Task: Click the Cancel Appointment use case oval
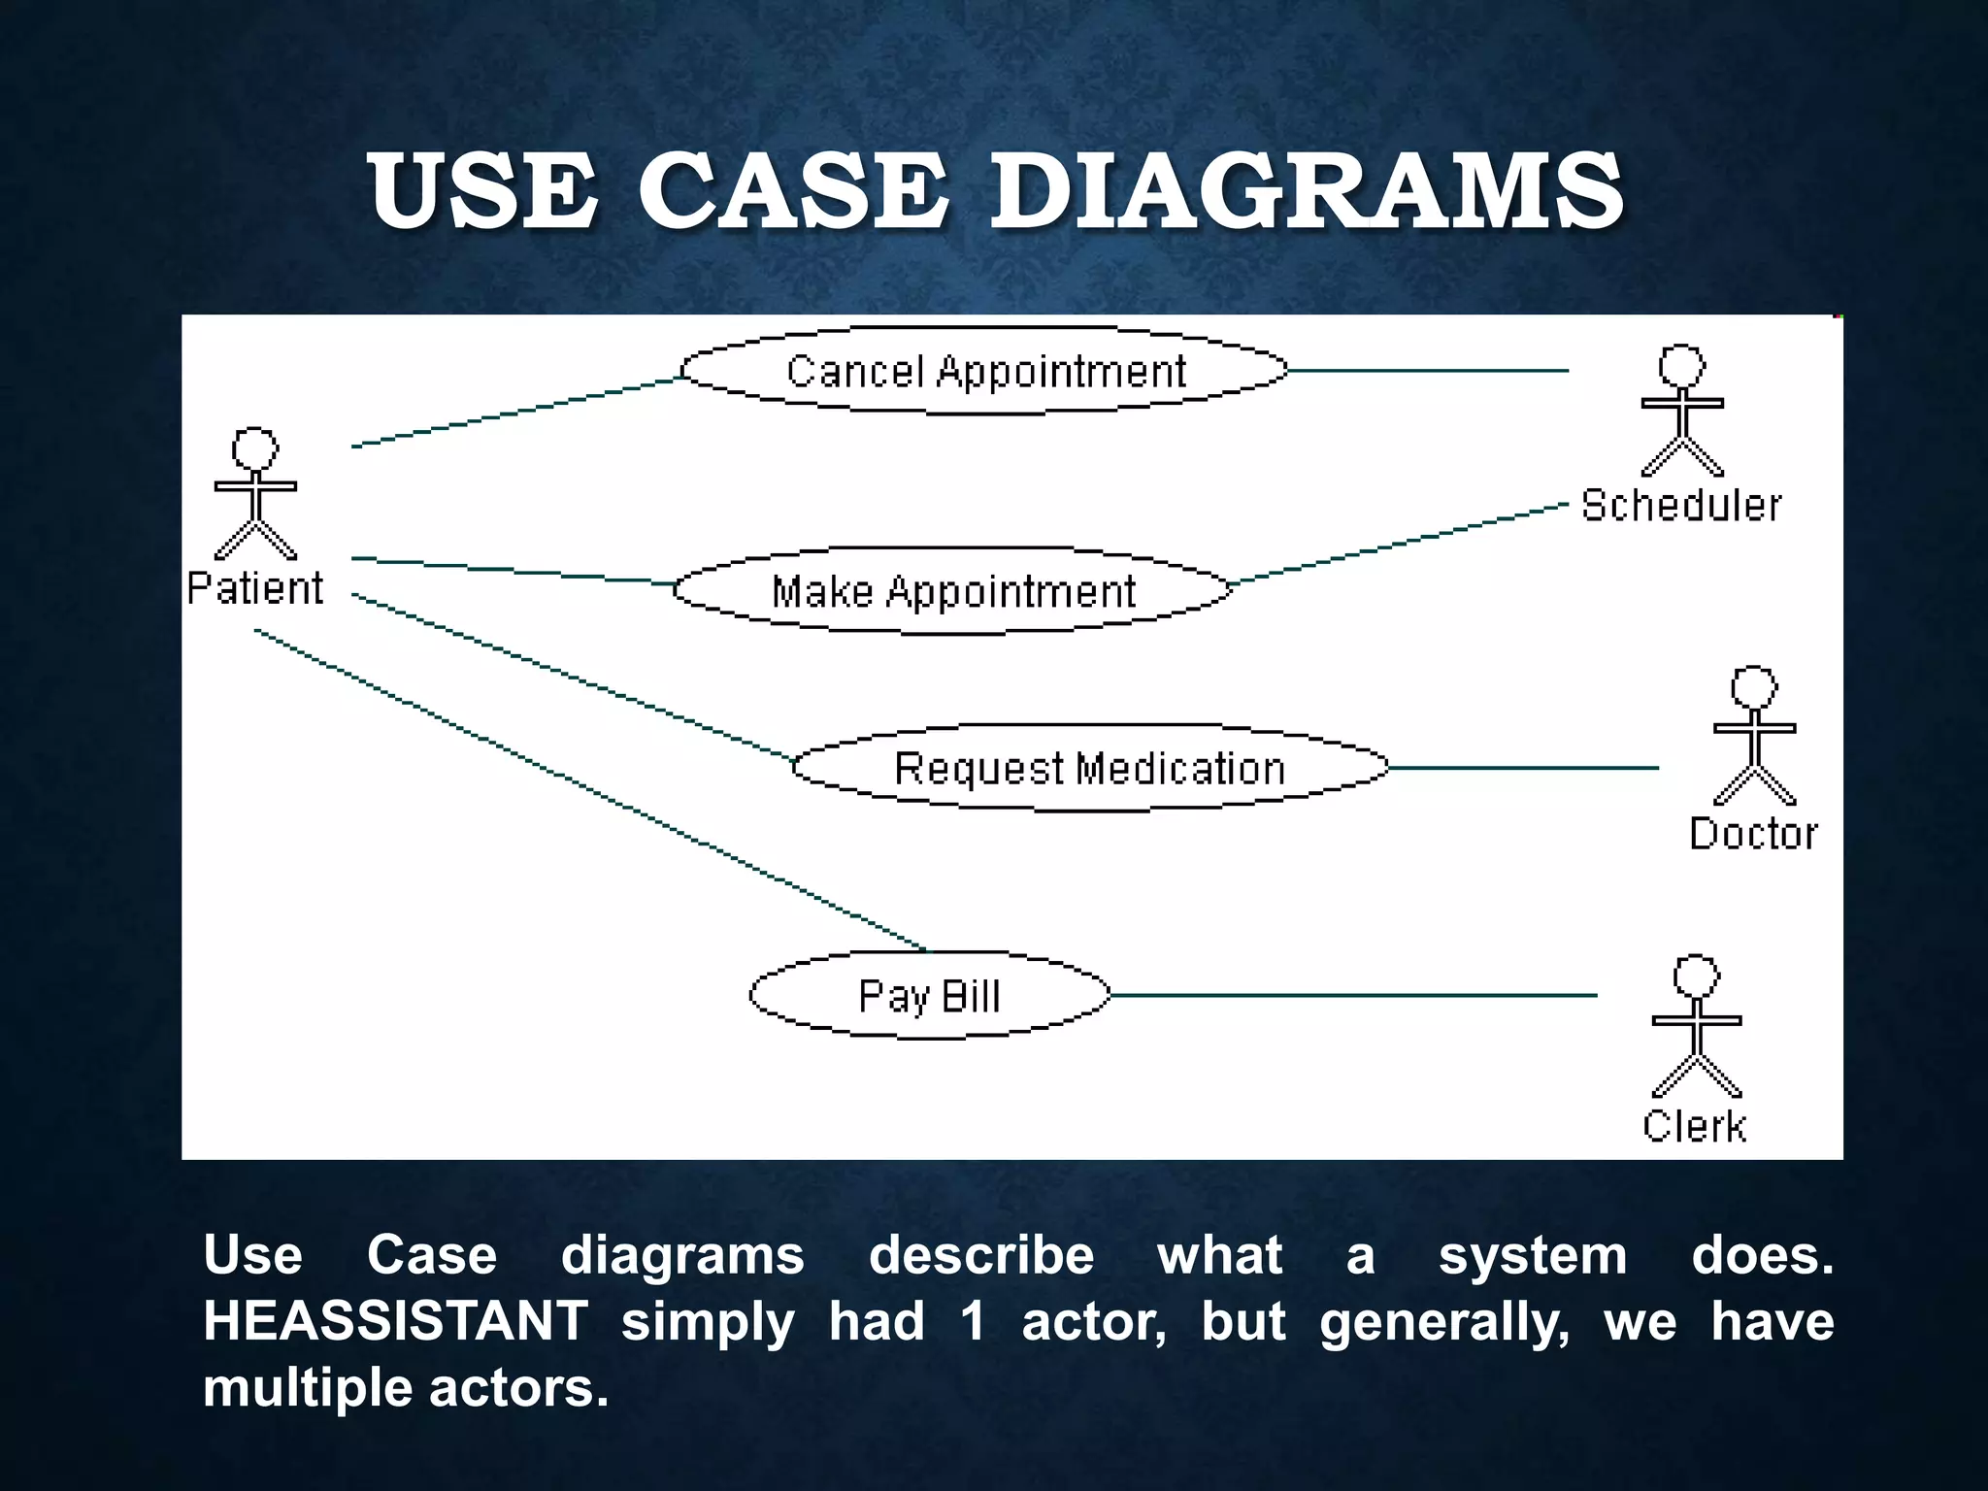tap(984, 371)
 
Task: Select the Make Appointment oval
tap(952, 591)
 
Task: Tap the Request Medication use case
tap(1089, 768)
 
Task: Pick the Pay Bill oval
tap(929, 996)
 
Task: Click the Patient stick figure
tap(255, 495)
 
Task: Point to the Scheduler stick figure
tap(1681, 412)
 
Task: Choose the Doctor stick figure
tap(1754, 737)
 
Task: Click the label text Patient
tap(255, 588)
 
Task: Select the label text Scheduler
tap(1681, 506)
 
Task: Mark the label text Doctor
tap(1753, 834)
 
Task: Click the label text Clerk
tap(1695, 1127)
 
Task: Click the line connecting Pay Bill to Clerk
tap(1354, 995)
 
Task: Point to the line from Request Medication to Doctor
tap(1524, 768)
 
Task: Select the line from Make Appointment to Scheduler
tap(1398, 544)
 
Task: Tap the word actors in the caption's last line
tap(518, 1387)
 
